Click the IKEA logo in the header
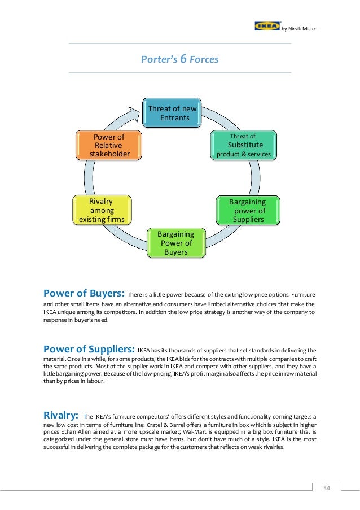(267, 26)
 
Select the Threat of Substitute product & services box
(243, 145)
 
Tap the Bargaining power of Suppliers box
(247, 210)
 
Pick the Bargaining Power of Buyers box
(175, 243)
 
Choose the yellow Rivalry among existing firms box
(102, 210)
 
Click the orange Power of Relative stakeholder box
(109, 145)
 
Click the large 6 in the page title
(183, 59)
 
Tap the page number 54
(327, 488)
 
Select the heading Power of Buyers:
(84, 293)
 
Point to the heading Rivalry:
(62, 416)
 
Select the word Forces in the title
(204, 59)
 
